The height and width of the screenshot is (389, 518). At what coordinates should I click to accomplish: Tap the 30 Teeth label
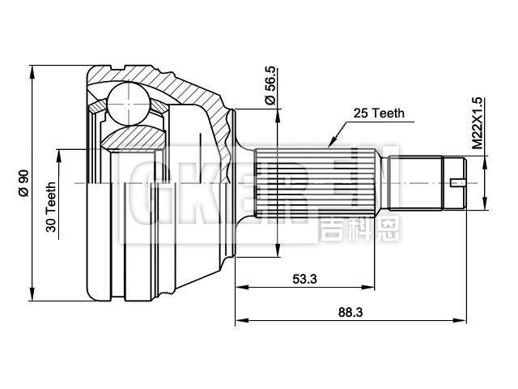[x=52, y=208]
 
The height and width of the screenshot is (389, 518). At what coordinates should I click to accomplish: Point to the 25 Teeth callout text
[x=378, y=114]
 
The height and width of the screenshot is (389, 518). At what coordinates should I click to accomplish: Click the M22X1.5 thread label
[x=477, y=122]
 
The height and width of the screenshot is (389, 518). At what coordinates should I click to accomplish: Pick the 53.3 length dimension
[x=304, y=279]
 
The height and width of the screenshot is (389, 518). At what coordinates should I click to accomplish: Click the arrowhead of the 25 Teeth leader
[x=329, y=145]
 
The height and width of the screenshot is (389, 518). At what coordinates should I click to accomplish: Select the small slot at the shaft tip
[x=458, y=182]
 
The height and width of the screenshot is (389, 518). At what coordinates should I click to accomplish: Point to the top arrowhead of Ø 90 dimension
[x=31, y=70]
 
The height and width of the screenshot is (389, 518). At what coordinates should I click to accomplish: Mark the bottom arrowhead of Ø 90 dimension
[x=31, y=293]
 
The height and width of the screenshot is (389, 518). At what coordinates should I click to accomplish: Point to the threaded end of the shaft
[x=421, y=182]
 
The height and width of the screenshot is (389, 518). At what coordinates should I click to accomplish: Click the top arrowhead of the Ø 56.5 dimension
[x=278, y=114]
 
